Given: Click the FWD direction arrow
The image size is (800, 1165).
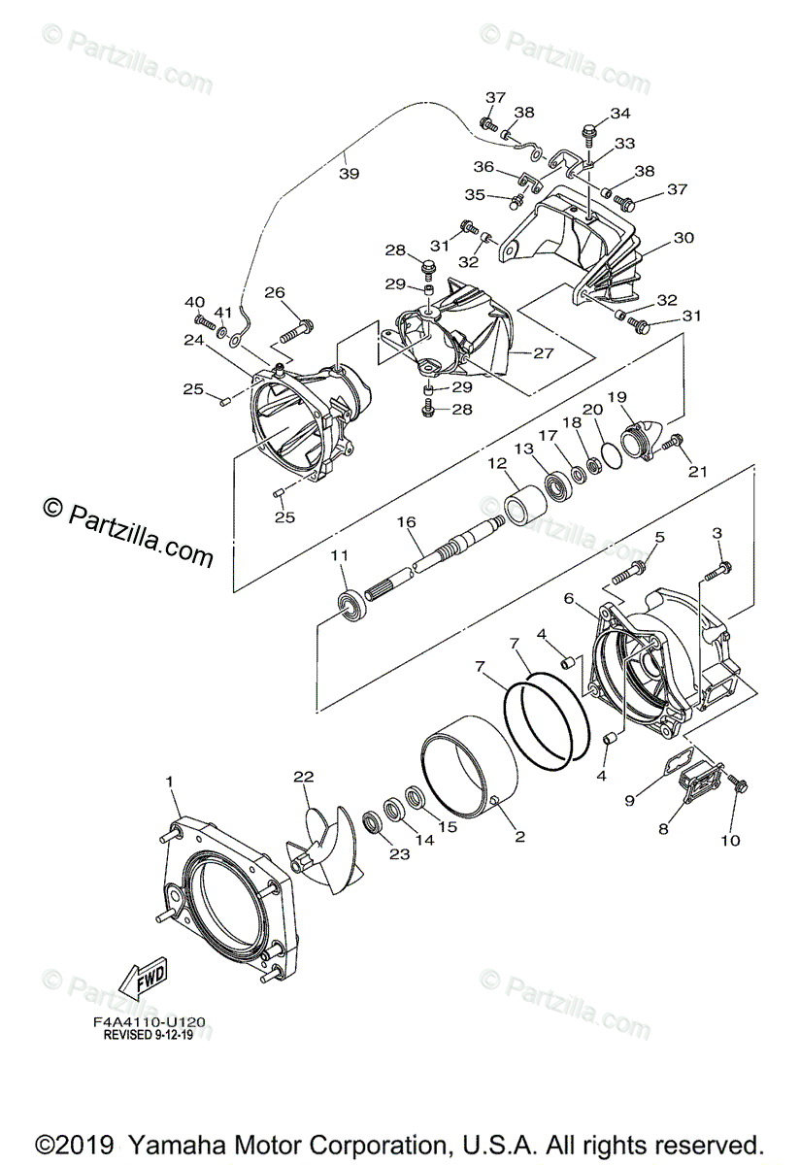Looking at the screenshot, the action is tap(143, 977).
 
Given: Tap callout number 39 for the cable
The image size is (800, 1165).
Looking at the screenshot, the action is tap(349, 173).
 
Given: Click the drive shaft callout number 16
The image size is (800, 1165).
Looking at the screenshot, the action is tap(407, 521).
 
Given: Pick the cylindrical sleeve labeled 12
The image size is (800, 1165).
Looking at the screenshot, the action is tap(526, 504).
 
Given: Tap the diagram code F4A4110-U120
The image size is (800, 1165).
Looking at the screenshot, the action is tap(150, 1022).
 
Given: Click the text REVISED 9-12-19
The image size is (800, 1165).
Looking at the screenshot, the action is tap(149, 1035).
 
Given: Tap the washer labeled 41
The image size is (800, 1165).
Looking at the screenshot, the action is tap(222, 331).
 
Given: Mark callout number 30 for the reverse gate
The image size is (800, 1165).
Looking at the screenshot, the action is tap(683, 237).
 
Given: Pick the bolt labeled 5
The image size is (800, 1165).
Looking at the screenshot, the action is tap(629, 573).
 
